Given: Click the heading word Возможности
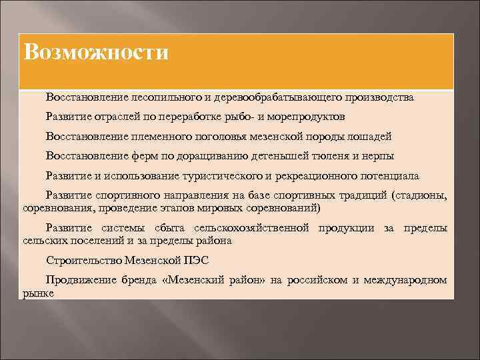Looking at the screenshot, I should (x=96, y=52).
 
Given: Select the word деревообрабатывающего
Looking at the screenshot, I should (x=281, y=98).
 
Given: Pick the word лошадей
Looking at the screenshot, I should (x=373, y=137).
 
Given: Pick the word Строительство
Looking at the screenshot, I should (x=79, y=260).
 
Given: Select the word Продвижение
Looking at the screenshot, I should (x=75, y=280).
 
